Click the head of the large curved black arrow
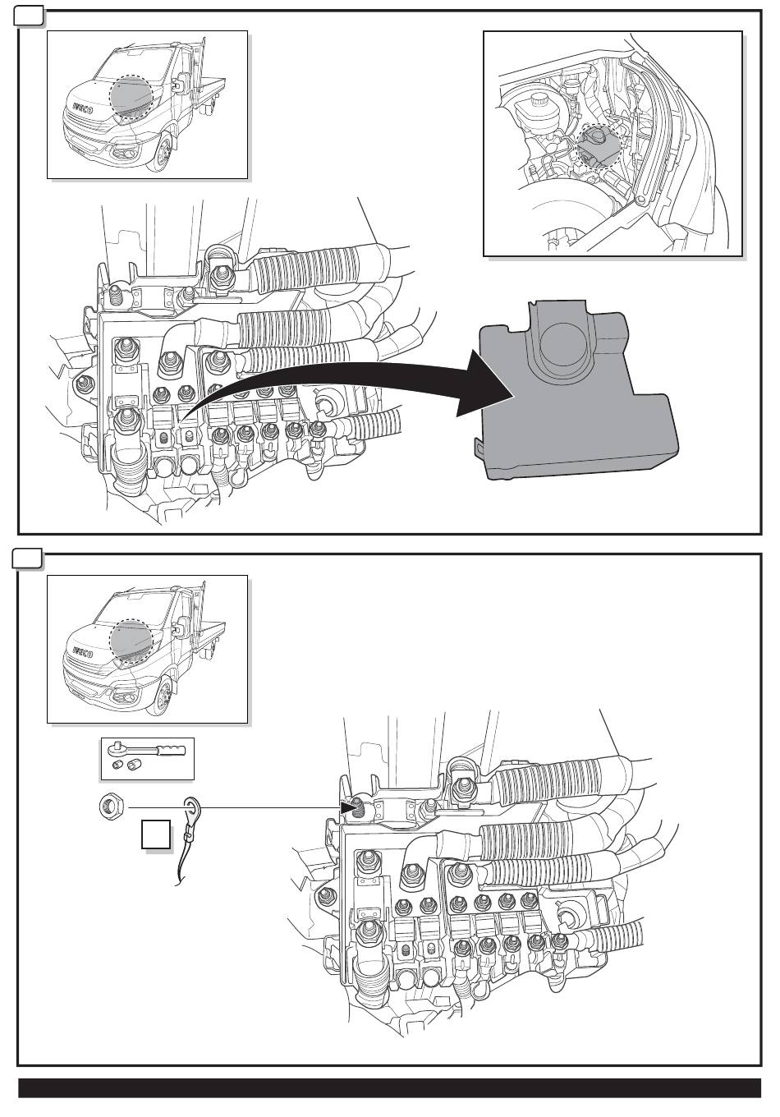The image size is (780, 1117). pyautogui.click(x=486, y=384)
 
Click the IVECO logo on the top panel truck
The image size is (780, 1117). pyautogui.click(x=83, y=108)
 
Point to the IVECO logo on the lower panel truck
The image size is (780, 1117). pyautogui.click(x=83, y=653)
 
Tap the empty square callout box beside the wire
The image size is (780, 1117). pyautogui.click(x=155, y=834)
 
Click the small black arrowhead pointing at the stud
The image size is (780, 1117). pyautogui.click(x=346, y=807)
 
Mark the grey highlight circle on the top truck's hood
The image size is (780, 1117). pyautogui.click(x=131, y=97)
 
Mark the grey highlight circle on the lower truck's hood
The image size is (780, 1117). pyautogui.click(x=131, y=641)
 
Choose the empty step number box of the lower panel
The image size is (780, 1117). pyautogui.click(x=27, y=559)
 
